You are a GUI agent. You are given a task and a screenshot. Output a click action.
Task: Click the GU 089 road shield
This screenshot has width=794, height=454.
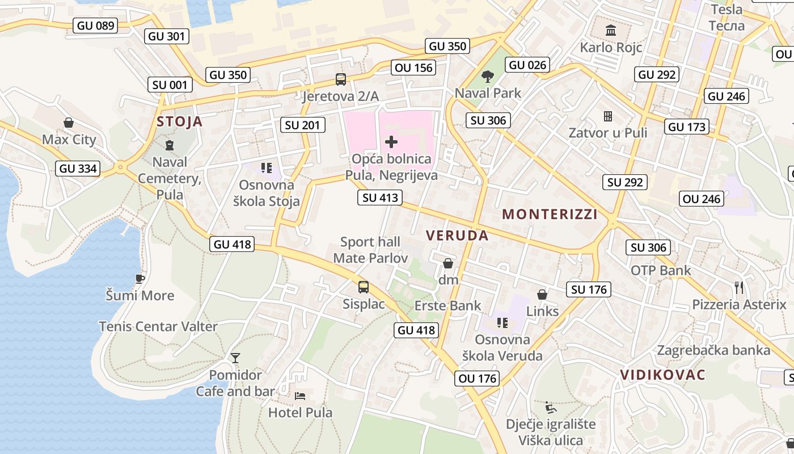point(96,26)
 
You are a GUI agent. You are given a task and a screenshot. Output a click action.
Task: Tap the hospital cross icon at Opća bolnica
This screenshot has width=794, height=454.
point(391,141)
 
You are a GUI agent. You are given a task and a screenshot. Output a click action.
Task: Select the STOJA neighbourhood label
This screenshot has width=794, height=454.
point(179,121)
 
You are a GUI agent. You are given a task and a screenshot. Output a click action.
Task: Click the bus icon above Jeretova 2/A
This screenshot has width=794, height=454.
point(340,79)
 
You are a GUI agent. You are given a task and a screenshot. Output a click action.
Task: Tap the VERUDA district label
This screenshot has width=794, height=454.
point(457,236)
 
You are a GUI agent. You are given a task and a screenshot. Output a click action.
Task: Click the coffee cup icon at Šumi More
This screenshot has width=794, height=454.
point(140,279)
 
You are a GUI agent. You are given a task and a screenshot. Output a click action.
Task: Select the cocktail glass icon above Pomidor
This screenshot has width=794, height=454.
point(235,358)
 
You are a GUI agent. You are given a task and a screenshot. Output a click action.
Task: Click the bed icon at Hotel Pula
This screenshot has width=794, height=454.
point(300,396)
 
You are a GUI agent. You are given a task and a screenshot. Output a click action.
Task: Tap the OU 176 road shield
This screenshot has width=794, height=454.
point(477,379)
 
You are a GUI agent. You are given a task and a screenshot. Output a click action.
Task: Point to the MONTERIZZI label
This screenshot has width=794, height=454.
point(550,215)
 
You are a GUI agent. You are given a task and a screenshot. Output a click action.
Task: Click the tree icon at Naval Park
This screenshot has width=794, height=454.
point(487,76)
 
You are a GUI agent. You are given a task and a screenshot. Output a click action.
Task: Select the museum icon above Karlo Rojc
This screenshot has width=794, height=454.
point(611,30)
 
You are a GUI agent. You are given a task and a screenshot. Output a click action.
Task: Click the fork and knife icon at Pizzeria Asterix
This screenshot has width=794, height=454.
point(739,288)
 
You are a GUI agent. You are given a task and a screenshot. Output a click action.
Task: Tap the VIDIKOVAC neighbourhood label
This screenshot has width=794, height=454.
point(662,375)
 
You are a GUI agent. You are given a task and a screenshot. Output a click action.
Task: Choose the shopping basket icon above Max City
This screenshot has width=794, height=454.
point(69,123)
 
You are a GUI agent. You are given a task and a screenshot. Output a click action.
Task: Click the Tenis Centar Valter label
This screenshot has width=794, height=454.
point(158,326)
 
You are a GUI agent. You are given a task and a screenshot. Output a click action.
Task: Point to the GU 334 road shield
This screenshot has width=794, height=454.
point(78,169)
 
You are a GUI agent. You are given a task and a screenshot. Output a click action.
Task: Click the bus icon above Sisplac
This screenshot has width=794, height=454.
point(364,287)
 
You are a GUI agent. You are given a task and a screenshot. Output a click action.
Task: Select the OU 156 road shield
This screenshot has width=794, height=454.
point(414,68)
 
